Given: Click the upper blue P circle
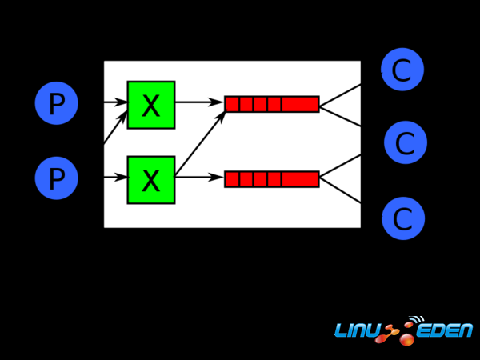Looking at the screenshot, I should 56,104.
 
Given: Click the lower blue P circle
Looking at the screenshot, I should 56,178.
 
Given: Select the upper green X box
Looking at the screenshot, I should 150,105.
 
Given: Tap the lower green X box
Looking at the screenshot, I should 150,180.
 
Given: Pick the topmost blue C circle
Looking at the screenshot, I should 402,70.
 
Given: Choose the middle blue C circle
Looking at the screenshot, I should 405,143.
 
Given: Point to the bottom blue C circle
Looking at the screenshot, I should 402,218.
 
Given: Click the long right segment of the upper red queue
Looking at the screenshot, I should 300,104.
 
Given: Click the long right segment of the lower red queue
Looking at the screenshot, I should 300,179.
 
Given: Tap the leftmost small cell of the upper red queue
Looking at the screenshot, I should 232,104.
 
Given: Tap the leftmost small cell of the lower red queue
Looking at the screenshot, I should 232,179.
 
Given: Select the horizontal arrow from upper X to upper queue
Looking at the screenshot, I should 198,102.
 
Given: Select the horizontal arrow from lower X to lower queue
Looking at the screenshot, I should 198,178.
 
